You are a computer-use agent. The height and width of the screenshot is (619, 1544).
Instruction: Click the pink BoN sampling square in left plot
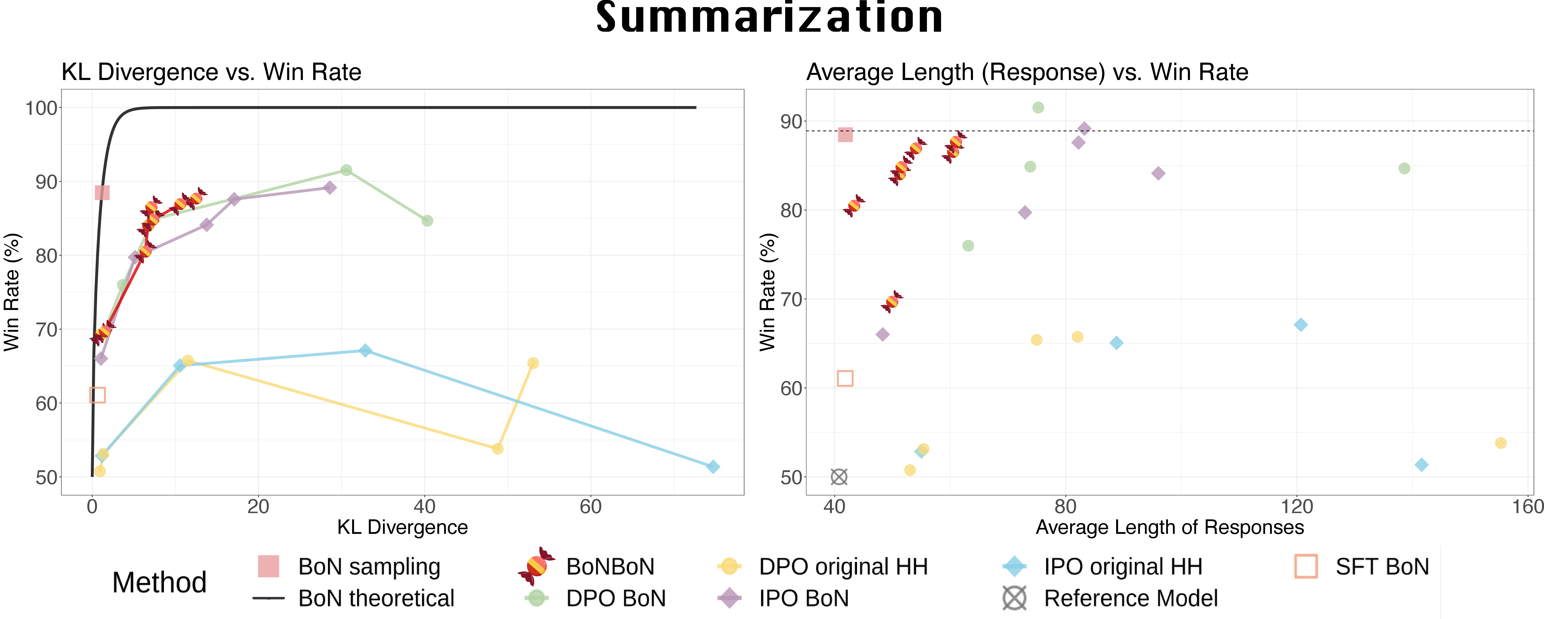(102, 192)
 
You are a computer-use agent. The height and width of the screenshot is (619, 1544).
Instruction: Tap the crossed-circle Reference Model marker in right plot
(839, 477)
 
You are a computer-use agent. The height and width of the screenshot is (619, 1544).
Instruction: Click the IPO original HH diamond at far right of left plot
(713, 467)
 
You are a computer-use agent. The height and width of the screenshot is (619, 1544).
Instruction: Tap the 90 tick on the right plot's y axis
(791, 122)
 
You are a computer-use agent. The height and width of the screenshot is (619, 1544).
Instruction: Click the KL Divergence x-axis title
(402, 527)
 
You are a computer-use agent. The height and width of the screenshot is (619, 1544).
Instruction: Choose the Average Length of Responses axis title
(1169, 527)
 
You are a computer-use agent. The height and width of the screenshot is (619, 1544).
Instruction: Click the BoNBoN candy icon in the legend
(536, 566)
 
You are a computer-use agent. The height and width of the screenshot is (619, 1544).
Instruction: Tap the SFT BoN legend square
(1305, 566)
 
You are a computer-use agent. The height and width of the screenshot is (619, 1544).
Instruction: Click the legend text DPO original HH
(843, 567)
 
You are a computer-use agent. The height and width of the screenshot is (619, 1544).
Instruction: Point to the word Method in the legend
(159, 582)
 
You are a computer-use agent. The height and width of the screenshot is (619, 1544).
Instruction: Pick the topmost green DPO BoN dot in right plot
(1038, 107)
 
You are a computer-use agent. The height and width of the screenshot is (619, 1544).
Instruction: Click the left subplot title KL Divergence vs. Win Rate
(212, 72)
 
